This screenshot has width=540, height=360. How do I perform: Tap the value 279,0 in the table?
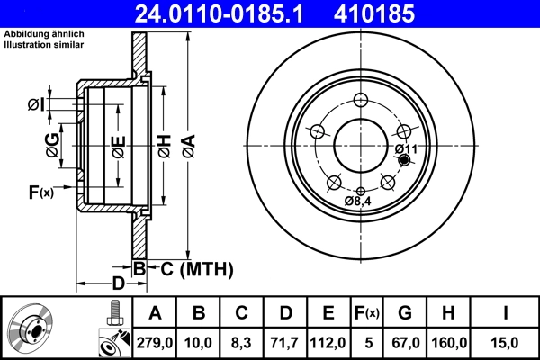[155, 342]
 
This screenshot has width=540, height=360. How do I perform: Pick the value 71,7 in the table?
[285, 342]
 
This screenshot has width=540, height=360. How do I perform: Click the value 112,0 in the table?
[328, 342]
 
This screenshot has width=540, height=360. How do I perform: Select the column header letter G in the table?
[405, 313]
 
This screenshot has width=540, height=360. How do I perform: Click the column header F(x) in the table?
[366, 313]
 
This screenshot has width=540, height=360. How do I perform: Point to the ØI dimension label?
[36, 105]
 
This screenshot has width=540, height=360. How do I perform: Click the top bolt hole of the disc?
[361, 100]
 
